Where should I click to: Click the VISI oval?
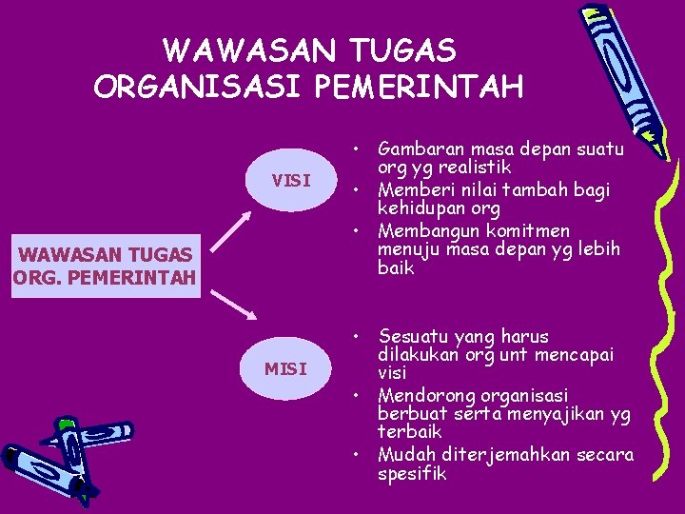[x=290, y=180]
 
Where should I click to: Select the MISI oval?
[x=285, y=367]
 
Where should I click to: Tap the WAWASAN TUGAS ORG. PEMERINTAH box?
[x=106, y=266]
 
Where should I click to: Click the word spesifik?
[x=411, y=473]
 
